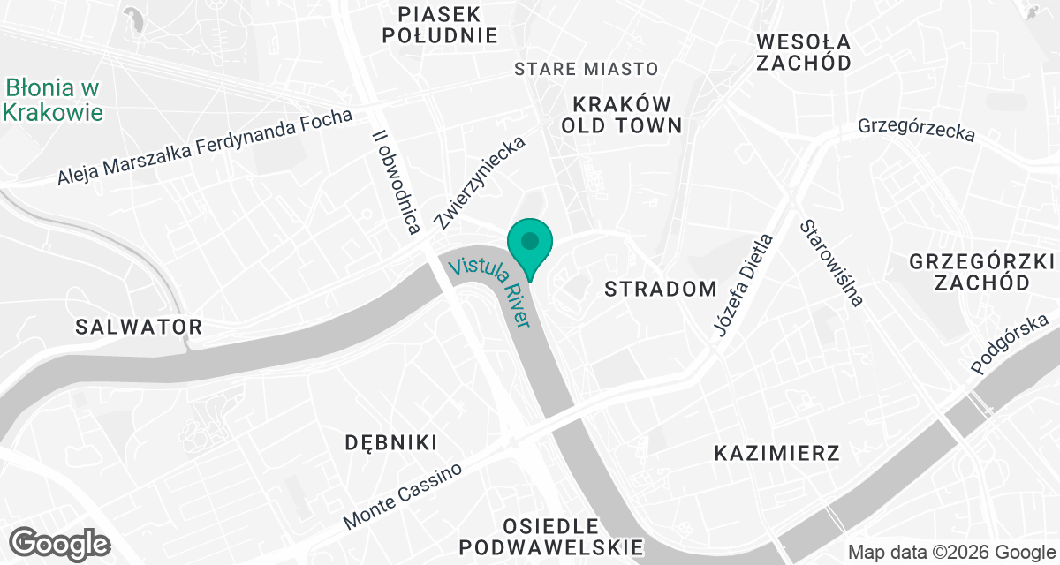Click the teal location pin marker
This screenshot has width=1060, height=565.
[529, 242]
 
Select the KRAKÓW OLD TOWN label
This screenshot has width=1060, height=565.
[622, 113]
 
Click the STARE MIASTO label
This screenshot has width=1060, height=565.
[587, 69]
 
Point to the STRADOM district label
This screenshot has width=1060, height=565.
[661, 289]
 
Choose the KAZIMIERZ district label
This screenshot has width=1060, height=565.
[776, 454]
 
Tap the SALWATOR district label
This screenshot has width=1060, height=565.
[139, 327]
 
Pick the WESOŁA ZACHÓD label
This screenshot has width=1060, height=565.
[804, 52]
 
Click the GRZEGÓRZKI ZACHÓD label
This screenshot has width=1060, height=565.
[982, 272]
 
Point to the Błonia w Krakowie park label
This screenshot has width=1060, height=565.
[53, 101]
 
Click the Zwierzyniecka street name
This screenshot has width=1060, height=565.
[481, 183]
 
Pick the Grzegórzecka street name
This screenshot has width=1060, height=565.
[916, 131]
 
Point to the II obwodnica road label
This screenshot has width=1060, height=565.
[395, 183]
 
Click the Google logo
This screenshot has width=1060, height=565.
[59, 542]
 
